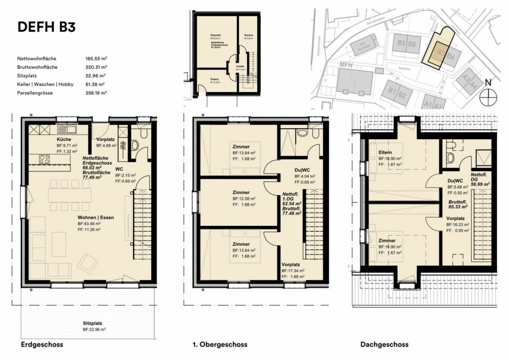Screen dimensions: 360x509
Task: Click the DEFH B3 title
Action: click(46, 27)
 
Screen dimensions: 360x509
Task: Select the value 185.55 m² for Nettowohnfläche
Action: click(96, 59)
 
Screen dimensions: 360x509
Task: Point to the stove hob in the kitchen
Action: click(45, 159)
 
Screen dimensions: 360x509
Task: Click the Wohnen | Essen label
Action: click(95, 217)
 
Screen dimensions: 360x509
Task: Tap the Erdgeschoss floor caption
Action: click(42, 345)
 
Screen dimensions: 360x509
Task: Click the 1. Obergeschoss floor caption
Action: click(220, 345)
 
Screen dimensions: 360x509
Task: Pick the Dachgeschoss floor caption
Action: click(384, 345)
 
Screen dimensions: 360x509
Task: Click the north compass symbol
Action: click(487, 96)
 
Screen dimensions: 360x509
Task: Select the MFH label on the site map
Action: click(345, 66)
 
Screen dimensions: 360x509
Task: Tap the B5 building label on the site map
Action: click(402, 44)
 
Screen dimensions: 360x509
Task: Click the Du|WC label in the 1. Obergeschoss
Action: click(302, 170)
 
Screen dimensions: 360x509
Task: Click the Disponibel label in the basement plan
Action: click(215, 35)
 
